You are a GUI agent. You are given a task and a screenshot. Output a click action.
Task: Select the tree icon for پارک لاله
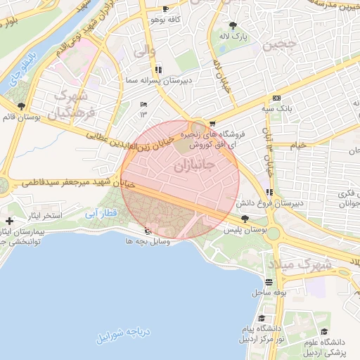[x=243, y=26]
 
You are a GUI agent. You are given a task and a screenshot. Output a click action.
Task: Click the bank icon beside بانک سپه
[x=276, y=98]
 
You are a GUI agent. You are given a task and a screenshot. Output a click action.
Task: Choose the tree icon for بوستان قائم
[x=22, y=106]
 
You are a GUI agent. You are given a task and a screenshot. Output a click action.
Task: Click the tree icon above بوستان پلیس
[x=244, y=220]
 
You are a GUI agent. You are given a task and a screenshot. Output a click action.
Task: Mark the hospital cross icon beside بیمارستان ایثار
[x=8, y=221]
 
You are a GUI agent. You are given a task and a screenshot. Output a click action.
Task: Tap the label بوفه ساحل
[x=269, y=291]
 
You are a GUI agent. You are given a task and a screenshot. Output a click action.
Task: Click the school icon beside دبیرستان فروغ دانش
[x=269, y=193]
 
